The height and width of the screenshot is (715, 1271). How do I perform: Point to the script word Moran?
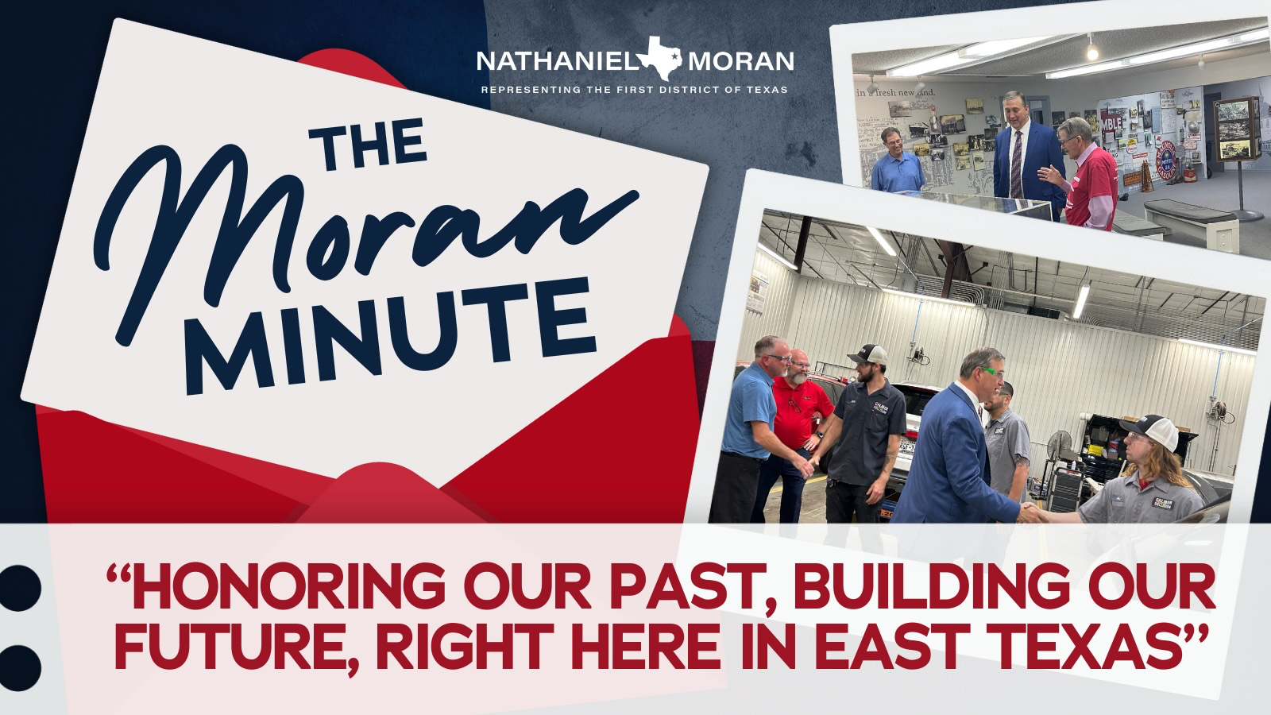363,238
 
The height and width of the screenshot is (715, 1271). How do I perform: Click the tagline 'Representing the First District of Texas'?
635,90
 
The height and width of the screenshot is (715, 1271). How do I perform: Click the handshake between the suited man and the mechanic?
1030,513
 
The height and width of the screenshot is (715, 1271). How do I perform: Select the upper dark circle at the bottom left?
19,588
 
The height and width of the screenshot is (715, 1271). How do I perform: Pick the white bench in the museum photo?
1192,224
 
